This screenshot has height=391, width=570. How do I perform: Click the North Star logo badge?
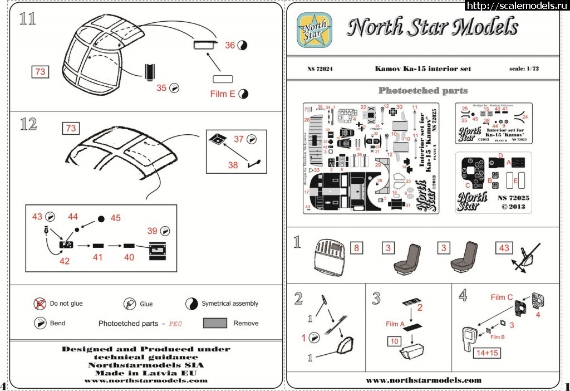tap(315, 28)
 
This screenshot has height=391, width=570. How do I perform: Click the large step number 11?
tap(27, 18)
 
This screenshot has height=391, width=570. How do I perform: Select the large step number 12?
tap(28, 124)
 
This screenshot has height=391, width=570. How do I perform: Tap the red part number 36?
tap(230, 45)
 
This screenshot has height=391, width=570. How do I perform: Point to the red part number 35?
tap(162, 87)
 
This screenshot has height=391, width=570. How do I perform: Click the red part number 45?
tap(116, 218)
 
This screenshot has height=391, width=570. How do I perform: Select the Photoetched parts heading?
tap(423, 90)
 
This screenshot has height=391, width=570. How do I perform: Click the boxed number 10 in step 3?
tap(393, 340)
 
